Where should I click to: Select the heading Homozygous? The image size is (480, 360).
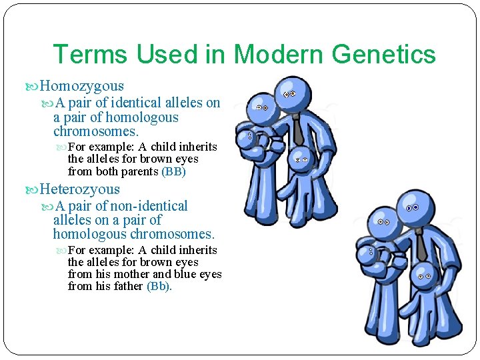pyautogui.click(x=81, y=85)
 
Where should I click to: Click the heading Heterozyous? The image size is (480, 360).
pyautogui.click(x=79, y=189)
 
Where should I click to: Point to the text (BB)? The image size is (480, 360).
pyautogui.click(x=174, y=171)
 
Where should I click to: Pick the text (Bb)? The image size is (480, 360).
pyautogui.click(x=159, y=286)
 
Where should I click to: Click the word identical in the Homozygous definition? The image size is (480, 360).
pyautogui.click(x=130, y=103)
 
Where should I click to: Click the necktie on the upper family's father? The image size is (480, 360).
pyautogui.click(x=297, y=130)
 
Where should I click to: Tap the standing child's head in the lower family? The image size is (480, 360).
pyautogui.click(x=422, y=273)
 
